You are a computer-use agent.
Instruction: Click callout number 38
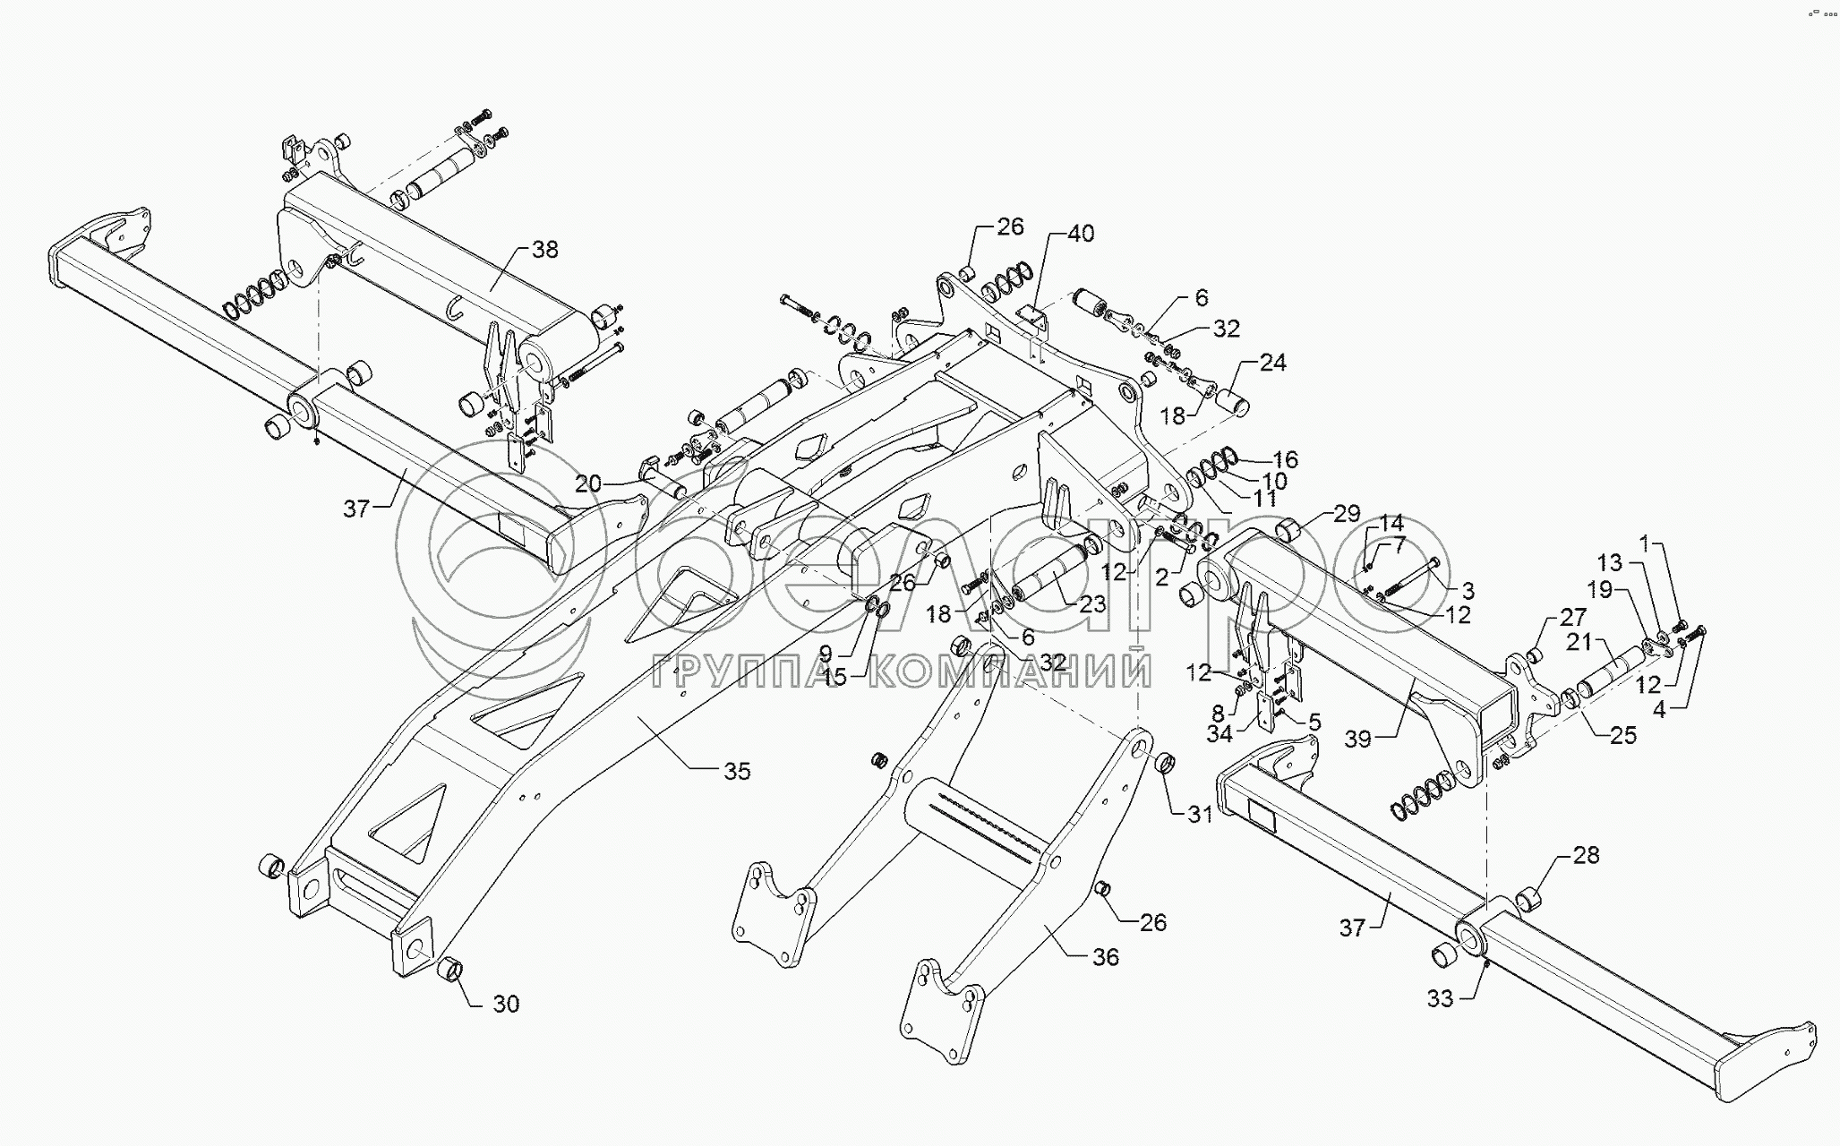tap(544, 249)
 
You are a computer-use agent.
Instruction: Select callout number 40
tap(1081, 234)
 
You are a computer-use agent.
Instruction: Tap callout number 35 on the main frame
tap(737, 771)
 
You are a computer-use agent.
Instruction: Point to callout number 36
tap(1106, 957)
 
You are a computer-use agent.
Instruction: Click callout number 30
tap(506, 1005)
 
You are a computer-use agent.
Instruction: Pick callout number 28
tap(1586, 855)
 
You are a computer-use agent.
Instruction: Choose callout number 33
tap(1439, 998)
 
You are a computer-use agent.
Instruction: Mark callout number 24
tap(1272, 362)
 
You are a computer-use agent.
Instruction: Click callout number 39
tap(1357, 739)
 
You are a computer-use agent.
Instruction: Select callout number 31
tap(1200, 814)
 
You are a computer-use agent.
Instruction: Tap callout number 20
tap(588, 484)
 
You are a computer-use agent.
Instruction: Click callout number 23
tap(1092, 604)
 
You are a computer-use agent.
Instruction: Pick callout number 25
tap(1622, 735)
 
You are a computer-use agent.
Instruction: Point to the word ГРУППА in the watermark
tap(742, 672)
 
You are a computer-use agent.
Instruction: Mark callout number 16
tap(1285, 460)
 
